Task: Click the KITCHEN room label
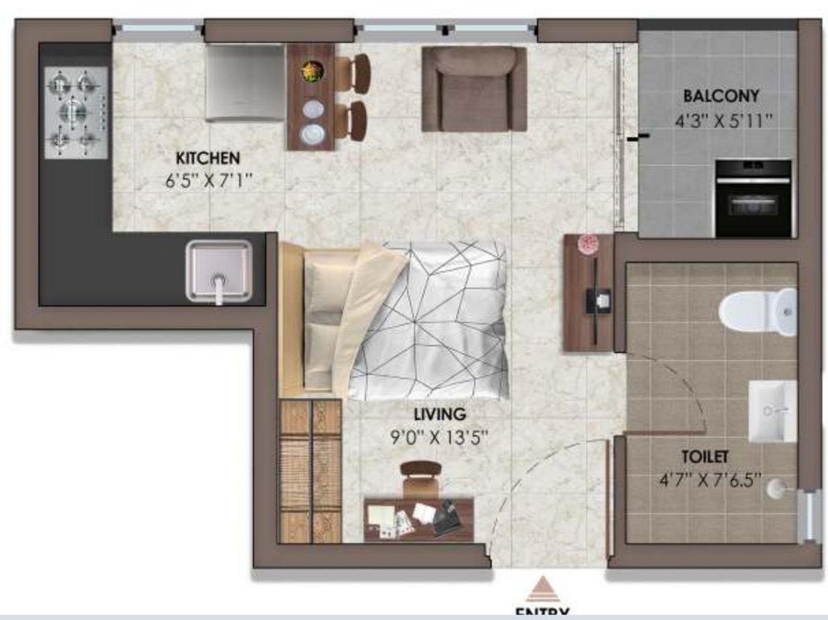(208, 157)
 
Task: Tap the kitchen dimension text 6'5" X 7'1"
(209, 181)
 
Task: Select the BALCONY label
(721, 96)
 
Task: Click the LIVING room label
(440, 414)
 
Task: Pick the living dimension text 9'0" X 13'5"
(440, 438)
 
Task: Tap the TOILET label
(704, 457)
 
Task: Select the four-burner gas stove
(76, 112)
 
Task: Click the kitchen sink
(219, 271)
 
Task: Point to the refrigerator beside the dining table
(244, 82)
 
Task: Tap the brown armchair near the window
(474, 88)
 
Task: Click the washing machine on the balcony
(753, 198)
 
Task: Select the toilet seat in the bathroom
(756, 312)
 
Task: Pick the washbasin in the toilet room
(771, 411)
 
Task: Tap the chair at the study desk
(420, 480)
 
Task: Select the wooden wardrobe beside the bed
(310, 470)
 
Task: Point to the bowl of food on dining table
(311, 72)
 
